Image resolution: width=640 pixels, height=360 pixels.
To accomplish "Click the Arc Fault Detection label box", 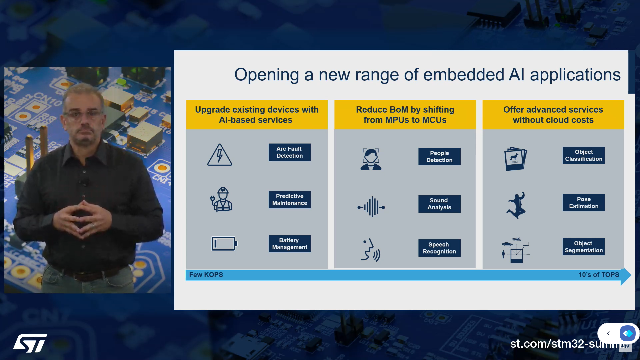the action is click(290, 152).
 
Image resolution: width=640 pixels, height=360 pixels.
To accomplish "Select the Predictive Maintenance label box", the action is click(290, 200).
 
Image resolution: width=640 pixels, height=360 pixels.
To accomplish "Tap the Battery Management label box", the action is click(290, 244).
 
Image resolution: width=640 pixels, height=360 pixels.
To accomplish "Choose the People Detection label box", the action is click(439, 157).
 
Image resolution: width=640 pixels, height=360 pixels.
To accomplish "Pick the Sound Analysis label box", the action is click(439, 204).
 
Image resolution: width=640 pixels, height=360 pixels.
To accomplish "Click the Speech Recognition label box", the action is click(439, 248).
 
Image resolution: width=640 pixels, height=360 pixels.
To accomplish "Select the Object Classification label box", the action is click(584, 155).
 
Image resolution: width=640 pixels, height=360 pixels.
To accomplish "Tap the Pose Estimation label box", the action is click(584, 203).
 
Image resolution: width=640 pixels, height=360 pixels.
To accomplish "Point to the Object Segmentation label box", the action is click(584, 247).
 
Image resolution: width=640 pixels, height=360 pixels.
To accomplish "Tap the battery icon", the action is click(224, 244).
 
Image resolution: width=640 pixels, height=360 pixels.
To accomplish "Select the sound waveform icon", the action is click(371, 207).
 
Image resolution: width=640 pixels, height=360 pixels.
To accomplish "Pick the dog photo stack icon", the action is click(515, 159).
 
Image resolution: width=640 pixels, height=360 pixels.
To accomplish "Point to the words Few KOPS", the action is click(206, 275).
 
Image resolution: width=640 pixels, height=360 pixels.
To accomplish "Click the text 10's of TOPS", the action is click(599, 275).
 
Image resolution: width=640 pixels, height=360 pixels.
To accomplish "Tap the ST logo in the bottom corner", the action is click(30, 343).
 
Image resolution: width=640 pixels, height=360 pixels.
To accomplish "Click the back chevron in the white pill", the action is click(608, 333).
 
